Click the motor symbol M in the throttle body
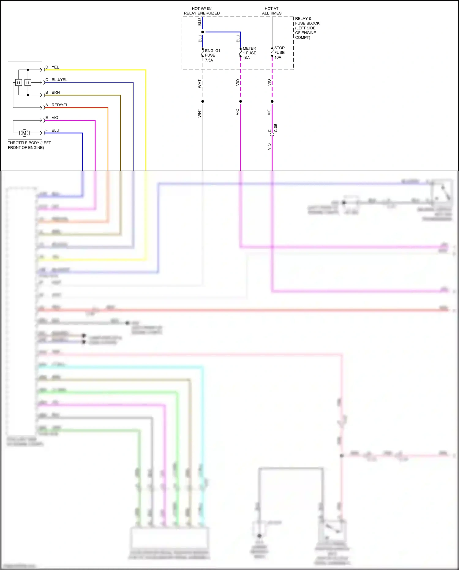point(24,133)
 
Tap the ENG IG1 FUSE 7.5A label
point(212,55)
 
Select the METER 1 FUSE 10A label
point(249,53)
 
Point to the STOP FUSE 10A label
point(279,53)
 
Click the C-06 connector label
point(276,128)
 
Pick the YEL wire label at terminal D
point(55,67)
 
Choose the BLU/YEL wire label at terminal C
point(59,80)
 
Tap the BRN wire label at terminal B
point(56,92)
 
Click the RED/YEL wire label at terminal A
point(60,105)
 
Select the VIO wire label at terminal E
point(55,118)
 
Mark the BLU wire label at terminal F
point(55,130)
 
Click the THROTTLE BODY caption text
point(29,145)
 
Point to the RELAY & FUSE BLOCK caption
point(307,28)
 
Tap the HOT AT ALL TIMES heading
point(272,11)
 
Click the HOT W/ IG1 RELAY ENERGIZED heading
point(202,11)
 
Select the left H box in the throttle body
point(18,83)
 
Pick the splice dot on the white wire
point(203,101)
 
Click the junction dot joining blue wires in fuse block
point(203,32)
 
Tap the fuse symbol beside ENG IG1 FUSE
point(203,53)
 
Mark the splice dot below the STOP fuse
point(272,101)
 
